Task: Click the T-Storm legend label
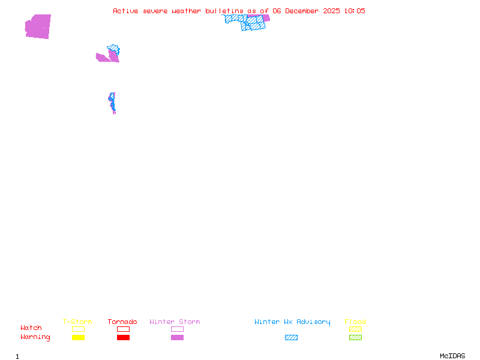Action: (x=77, y=322)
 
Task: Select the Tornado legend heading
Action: (x=122, y=322)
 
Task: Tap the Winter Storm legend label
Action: (x=175, y=322)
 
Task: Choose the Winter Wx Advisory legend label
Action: (x=292, y=322)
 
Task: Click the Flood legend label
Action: (x=355, y=322)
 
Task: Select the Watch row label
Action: (x=31, y=328)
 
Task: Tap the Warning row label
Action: (x=35, y=337)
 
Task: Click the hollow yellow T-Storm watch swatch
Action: (x=78, y=329)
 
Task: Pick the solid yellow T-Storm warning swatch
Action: (x=78, y=338)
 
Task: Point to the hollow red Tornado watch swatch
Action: (x=123, y=329)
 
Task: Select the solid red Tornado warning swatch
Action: (x=123, y=338)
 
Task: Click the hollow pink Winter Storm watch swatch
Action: (x=177, y=329)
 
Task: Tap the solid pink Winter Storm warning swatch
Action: (x=177, y=338)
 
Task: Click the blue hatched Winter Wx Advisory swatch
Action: (x=291, y=338)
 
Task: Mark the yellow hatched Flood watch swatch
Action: (x=355, y=329)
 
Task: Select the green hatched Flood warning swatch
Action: (x=355, y=338)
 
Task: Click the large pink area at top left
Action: (x=38, y=26)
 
